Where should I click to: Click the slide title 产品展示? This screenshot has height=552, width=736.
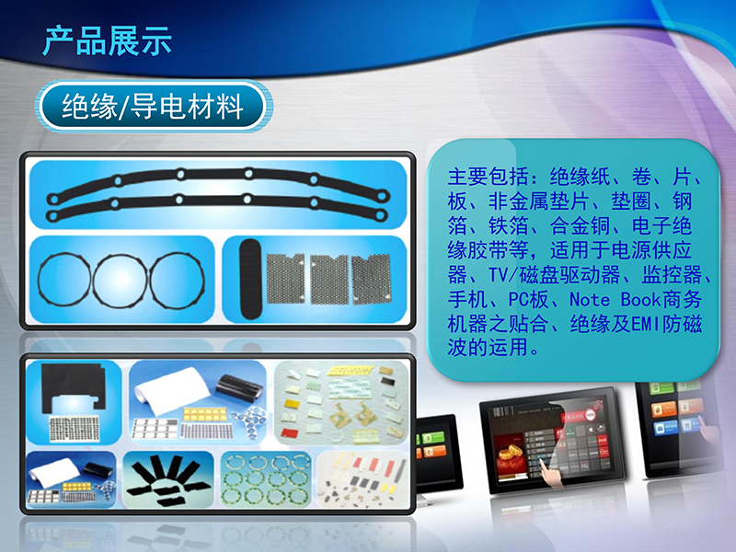[x=107, y=41]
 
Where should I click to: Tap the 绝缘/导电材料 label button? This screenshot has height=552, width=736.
[x=153, y=106]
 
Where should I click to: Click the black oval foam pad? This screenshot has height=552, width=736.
[x=250, y=280]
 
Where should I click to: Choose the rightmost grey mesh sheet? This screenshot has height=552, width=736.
[x=372, y=279]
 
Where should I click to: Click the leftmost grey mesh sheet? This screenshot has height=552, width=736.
[x=285, y=278]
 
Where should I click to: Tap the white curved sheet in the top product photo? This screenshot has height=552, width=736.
[x=171, y=390]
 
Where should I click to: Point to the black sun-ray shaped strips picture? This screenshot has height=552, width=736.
[x=168, y=479]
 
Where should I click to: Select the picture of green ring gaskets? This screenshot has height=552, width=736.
[x=266, y=479]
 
